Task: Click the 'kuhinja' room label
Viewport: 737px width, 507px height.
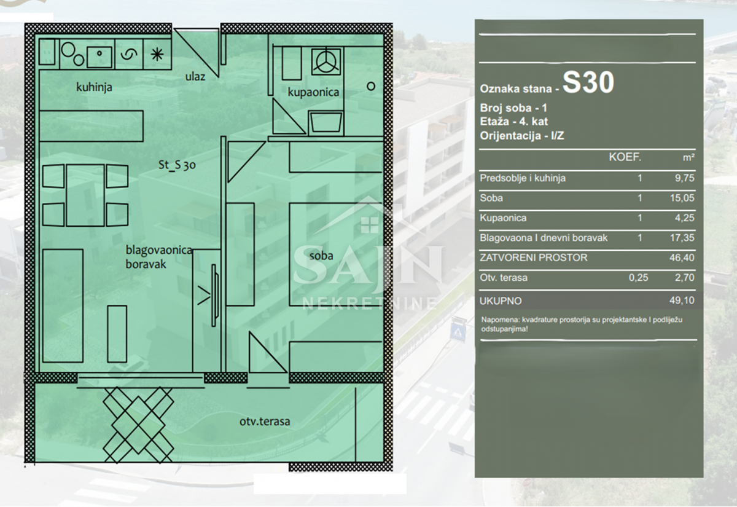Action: coord(94,87)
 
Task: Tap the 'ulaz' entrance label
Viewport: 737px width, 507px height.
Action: coord(195,77)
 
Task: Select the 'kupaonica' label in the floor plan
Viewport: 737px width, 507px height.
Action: coord(313,92)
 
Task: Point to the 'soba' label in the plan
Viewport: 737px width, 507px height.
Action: coord(321,256)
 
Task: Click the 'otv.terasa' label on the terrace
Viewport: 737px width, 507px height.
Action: coord(265,422)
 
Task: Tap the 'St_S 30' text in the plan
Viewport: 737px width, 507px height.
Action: coord(177,165)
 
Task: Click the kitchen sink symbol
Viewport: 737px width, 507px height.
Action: coord(99,57)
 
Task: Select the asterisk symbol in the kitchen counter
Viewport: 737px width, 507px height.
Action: coord(157,54)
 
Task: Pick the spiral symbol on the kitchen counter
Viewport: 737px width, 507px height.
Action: coord(128,54)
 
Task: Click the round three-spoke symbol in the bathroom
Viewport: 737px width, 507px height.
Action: coord(326,61)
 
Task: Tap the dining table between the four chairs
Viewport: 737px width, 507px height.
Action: coord(85,195)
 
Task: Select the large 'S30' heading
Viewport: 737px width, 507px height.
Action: coord(588,82)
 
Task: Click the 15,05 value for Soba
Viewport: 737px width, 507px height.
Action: coord(682,198)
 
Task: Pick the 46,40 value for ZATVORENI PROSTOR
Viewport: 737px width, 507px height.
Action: coord(682,257)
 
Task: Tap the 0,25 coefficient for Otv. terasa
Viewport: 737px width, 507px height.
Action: coord(638,278)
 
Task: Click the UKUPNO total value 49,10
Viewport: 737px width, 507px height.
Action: coord(682,301)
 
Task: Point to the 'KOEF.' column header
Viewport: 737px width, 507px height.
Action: coord(625,157)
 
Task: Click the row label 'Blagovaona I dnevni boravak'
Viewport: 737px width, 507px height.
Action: coord(544,238)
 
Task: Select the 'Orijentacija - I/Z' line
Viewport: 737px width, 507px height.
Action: coord(522,136)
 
